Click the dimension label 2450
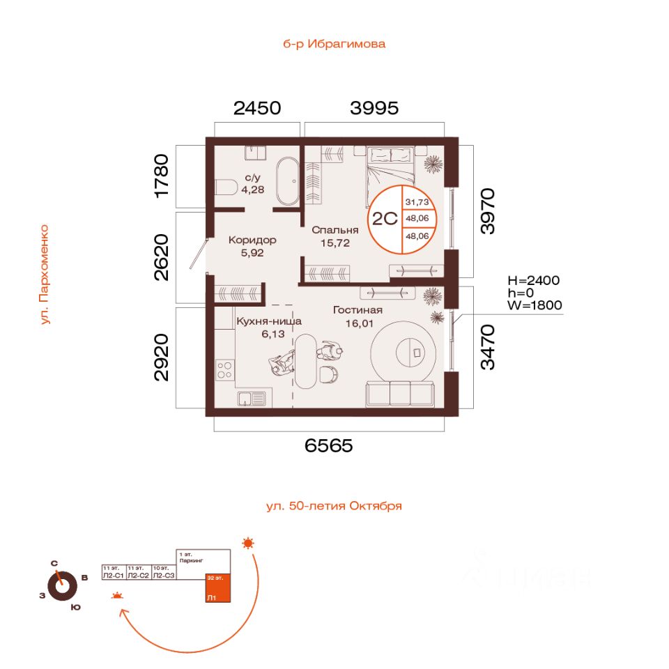(x=257, y=108)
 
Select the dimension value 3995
(x=374, y=108)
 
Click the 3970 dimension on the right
(x=488, y=210)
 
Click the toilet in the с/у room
(x=224, y=187)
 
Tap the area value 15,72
(x=335, y=243)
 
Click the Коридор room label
(x=252, y=240)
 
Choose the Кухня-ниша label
(x=268, y=321)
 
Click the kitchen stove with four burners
(x=225, y=369)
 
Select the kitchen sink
(x=252, y=399)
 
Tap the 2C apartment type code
(x=385, y=218)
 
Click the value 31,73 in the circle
(x=417, y=202)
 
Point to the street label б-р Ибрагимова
(x=334, y=44)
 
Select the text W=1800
(x=535, y=305)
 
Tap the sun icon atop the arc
(x=248, y=543)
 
